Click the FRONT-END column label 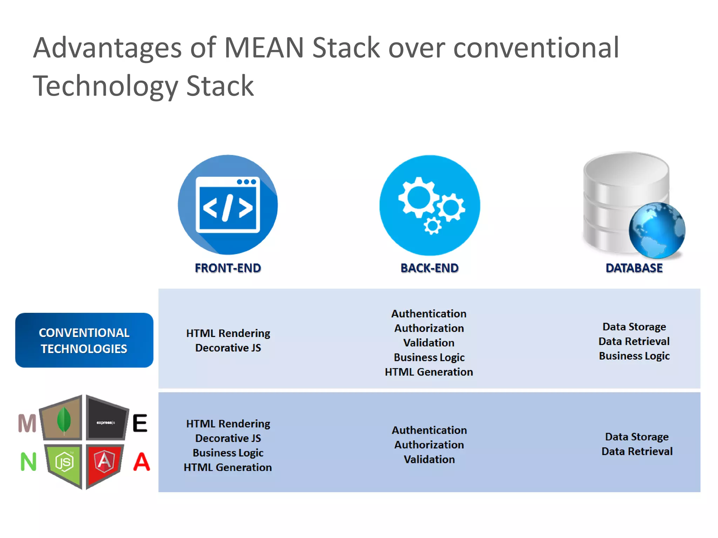point(228,268)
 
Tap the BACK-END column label point(429,268)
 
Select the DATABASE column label point(634,268)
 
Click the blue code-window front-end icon point(228,205)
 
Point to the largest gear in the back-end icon point(418,197)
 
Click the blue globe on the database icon point(657,230)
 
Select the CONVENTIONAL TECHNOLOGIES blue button point(84,340)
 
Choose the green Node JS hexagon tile point(65,462)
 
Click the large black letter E point(140,423)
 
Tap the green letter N point(28,462)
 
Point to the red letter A point(142,462)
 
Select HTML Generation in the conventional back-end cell point(429,372)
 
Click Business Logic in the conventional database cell point(634,356)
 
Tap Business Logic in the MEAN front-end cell point(228,453)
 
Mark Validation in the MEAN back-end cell point(429,459)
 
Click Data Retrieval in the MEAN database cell point(637,451)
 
